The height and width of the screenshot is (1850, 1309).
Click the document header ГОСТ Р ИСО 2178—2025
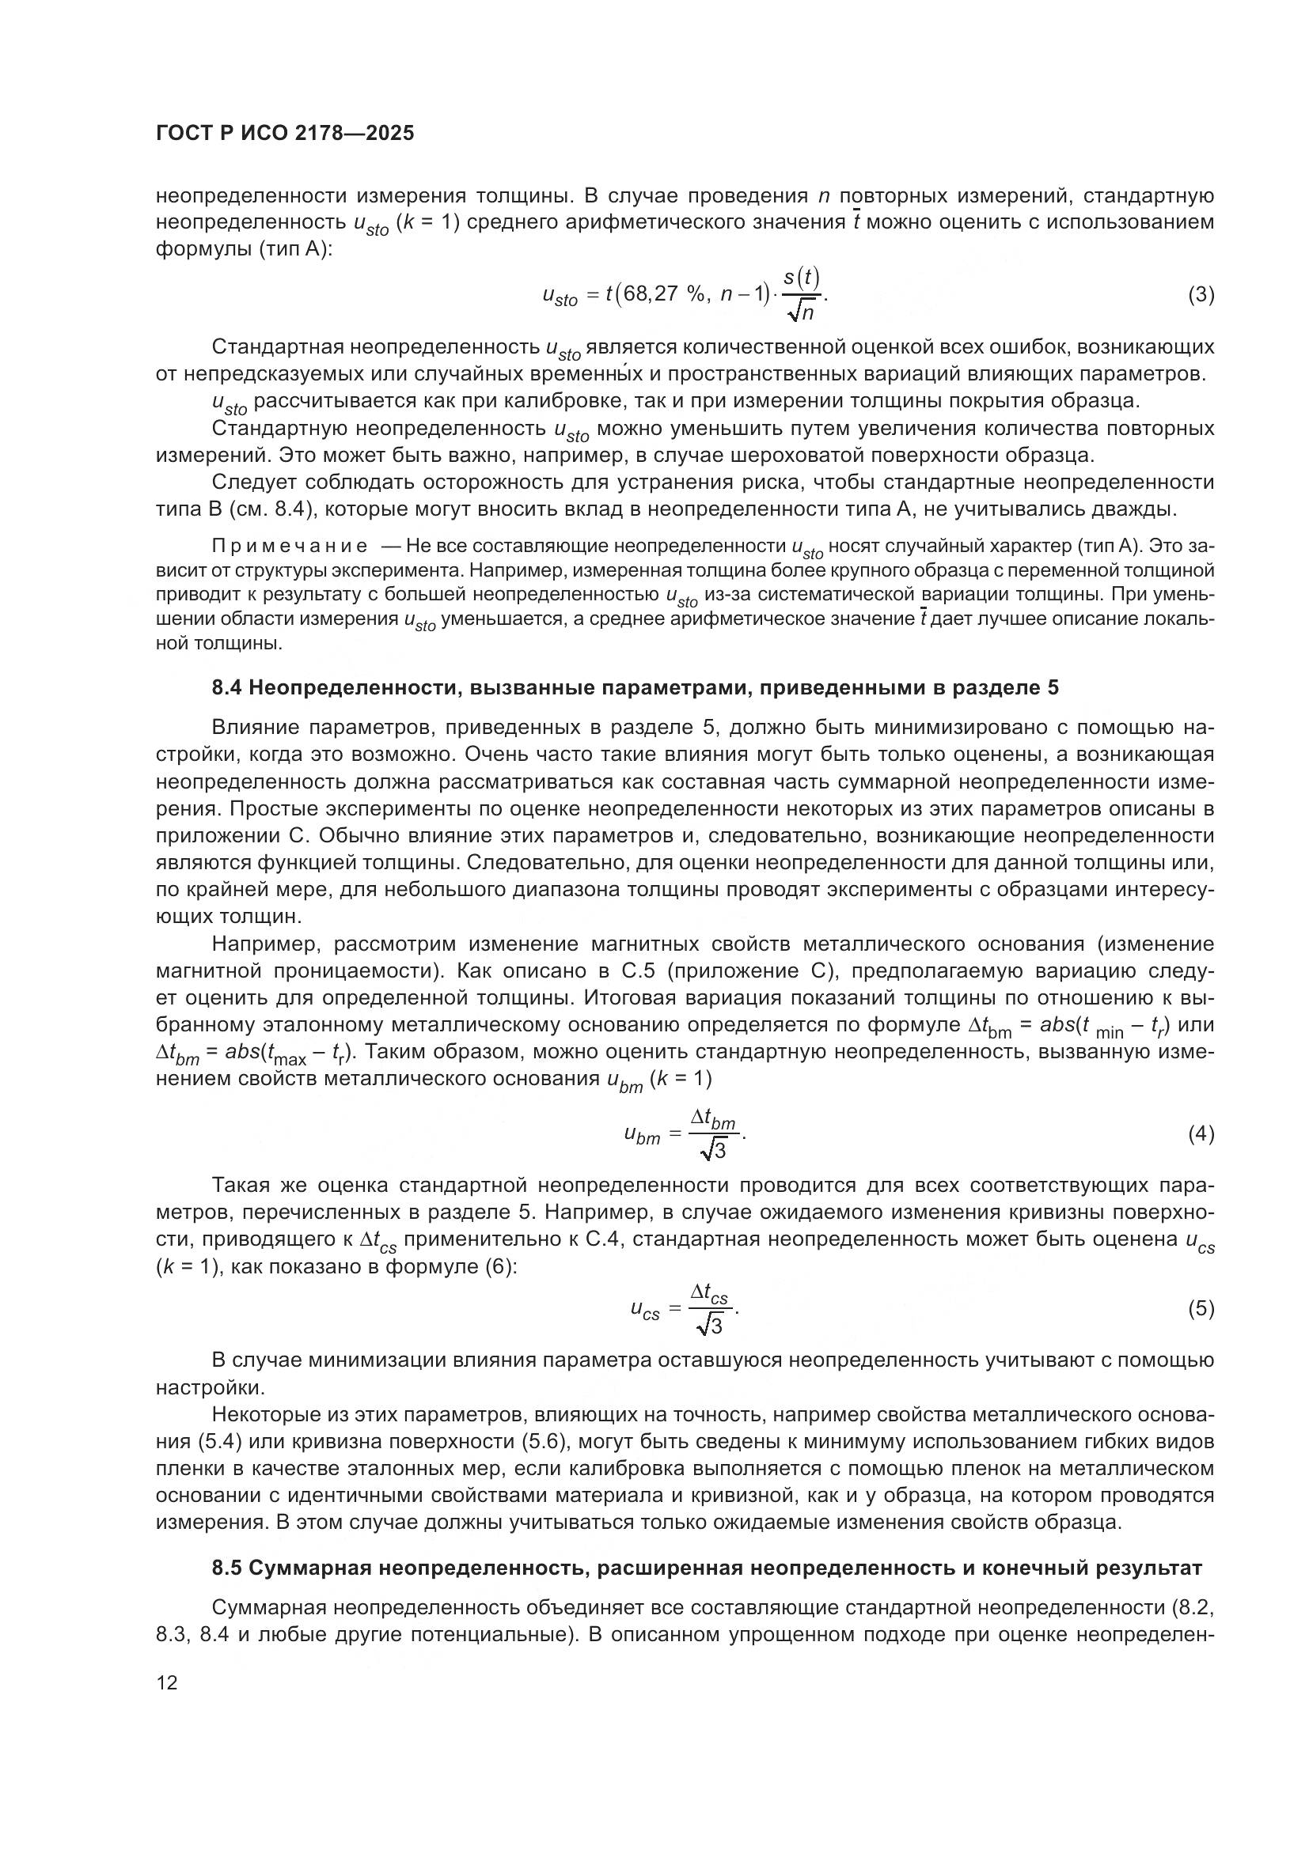286,134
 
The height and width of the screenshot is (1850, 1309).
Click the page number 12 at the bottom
167,1683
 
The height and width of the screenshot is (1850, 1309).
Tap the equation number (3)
1201,295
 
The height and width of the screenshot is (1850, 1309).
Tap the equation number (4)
1201,1134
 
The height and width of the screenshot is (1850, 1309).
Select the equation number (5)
1201,1308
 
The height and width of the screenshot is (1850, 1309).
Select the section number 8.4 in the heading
227,688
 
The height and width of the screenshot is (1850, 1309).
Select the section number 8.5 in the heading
227,1568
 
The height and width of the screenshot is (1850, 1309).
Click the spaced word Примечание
290,547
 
